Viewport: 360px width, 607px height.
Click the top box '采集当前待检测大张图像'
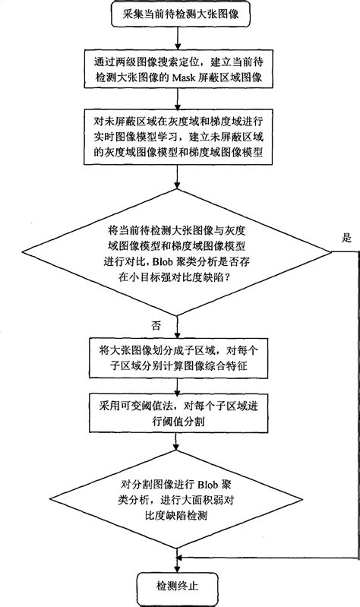176,13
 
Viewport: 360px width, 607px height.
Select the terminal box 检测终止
176,586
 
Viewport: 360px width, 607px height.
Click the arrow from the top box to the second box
176,36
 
